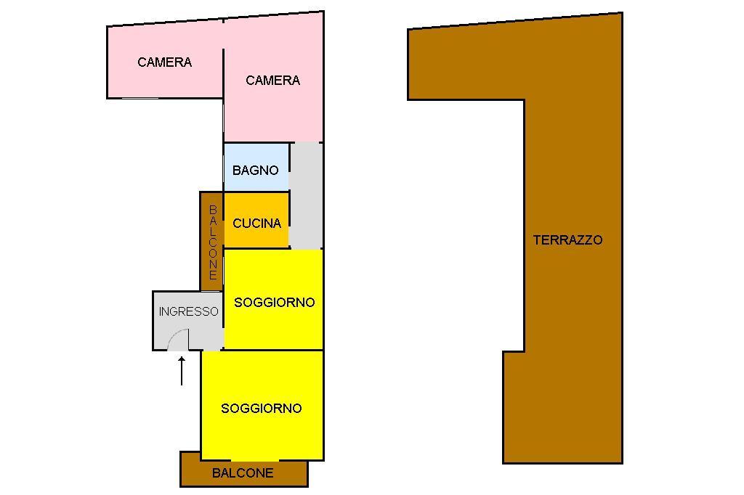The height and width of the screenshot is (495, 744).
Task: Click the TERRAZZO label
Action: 567,240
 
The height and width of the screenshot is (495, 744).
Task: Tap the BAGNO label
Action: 255,171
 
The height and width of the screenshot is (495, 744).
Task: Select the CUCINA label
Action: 256,224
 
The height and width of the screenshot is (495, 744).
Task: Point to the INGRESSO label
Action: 188,311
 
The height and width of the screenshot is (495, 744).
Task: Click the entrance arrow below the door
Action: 182,370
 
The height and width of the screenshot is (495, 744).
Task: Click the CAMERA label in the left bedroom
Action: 164,62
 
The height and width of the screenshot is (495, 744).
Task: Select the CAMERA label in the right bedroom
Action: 272,81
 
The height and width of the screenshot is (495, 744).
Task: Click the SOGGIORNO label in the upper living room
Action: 274,303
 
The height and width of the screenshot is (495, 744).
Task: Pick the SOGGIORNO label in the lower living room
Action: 261,409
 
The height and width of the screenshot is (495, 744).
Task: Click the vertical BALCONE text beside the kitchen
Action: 212,242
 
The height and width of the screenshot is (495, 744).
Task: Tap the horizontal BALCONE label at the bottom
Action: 243,473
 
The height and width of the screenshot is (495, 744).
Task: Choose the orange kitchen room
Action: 256,206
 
